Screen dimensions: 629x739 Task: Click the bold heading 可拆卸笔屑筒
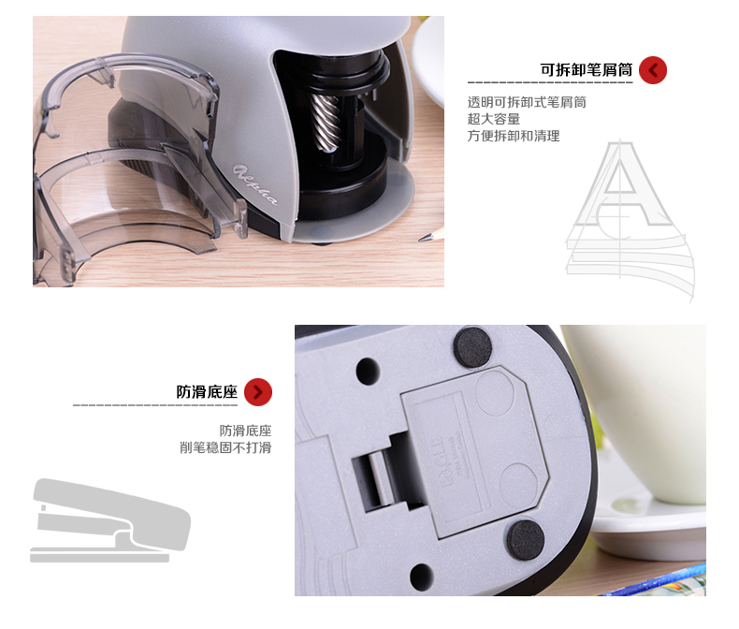[x=587, y=70]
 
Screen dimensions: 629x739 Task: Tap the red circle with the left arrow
[x=654, y=70]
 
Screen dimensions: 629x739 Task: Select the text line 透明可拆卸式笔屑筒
[x=527, y=103]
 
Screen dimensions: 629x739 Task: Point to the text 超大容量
[x=493, y=120]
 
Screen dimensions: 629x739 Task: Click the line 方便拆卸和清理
[x=514, y=137]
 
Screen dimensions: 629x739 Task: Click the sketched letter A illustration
[x=629, y=215]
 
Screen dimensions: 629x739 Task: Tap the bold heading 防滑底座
[x=207, y=392]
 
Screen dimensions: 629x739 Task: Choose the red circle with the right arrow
[x=258, y=392]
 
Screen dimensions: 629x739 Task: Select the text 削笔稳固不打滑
[x=225, y=447]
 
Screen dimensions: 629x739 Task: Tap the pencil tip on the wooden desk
[x=429, y=234]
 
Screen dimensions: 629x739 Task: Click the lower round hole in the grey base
[x=420, y=575]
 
